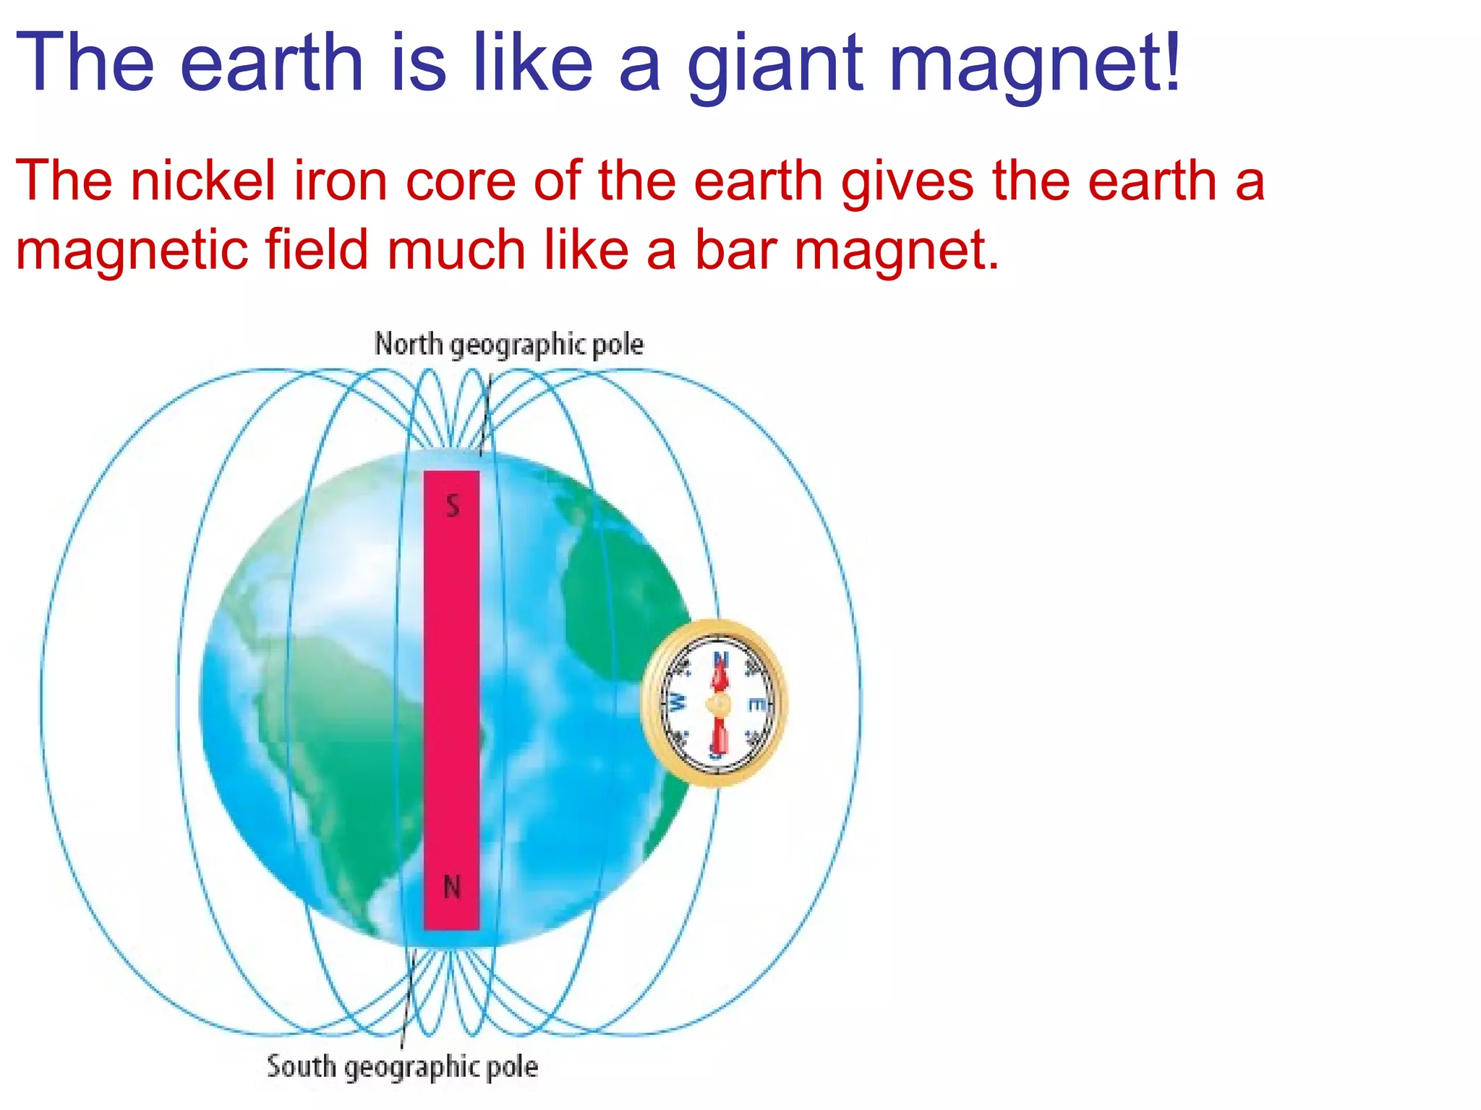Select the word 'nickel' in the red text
coord(203,181)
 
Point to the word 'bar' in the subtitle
coord(735,250)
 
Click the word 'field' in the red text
coord(317,250)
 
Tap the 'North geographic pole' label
coord(508,344)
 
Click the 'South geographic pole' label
coord(402,1067)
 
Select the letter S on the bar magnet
coord(453,506)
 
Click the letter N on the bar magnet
coord(452,887)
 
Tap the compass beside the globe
coord(714,702)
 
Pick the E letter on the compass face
coord(754,704)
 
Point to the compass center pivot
coord(719,704)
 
